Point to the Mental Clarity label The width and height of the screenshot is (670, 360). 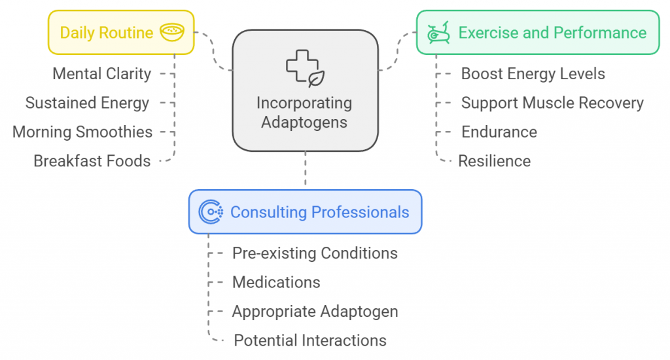pyautogui.click(x=101, y=74)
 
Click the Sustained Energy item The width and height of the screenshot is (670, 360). pyautogui.click(x=87, y=103)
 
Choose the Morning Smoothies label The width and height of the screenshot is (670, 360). pyautogui.click(x=82, y=132)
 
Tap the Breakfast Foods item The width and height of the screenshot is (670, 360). pyautogui.click(x=92, y=161)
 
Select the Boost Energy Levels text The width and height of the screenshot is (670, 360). pyautogui.click(x=533, y=74)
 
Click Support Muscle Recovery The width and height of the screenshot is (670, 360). pyautogui.click(x=552, y=103)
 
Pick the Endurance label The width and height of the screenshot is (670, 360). pyautogui.click(x=499, y=132)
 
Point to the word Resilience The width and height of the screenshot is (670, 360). pyautogui.click(x=494, y=161)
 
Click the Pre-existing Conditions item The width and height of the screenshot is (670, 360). pyautogui.click(x=315, y=253)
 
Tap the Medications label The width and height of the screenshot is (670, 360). pyautogui.click(x=276, y=282)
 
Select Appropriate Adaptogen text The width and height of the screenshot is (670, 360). pyautogui.click(x=315, y=312)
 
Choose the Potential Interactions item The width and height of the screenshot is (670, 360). pyautogui.click(x=310, y=340)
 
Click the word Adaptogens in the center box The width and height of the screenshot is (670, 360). pyautogui.click(x=304, y=122)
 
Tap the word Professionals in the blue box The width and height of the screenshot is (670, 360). pyautogui.click(x=361, y=212)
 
